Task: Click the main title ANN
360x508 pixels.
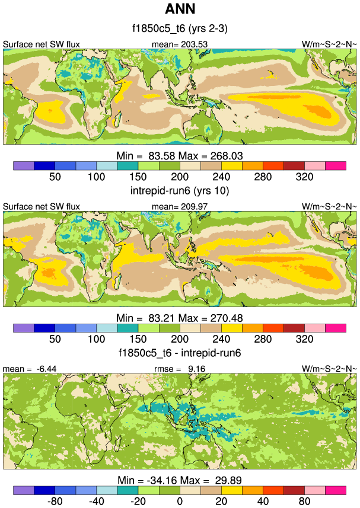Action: pyautogui.click(x=179, y=9)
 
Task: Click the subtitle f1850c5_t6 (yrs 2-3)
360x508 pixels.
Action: pyautogui.click(x=179, y=28)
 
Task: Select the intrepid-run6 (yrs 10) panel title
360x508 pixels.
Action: pyautogui.click(x=179, y=191)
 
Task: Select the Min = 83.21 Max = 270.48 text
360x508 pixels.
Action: pyautogui.click(x=179, y=318)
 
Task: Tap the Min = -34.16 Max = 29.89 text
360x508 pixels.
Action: pyautogui.click(x=179, y=480)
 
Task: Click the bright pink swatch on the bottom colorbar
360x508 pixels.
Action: pyautogui.click(x=335, y=490)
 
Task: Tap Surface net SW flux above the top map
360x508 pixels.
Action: pyautogui.click(x=42, y=44)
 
